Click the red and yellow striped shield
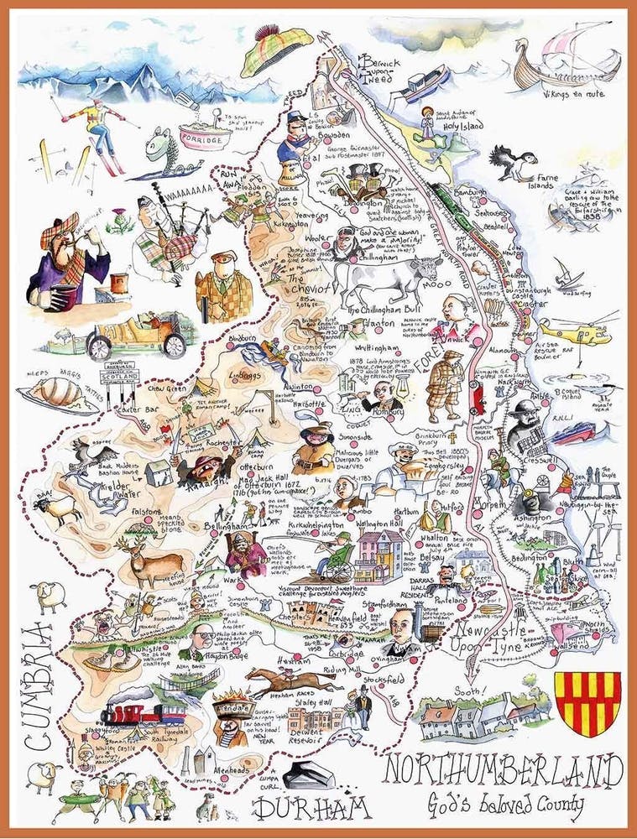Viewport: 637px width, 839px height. (x=593, y=700)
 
